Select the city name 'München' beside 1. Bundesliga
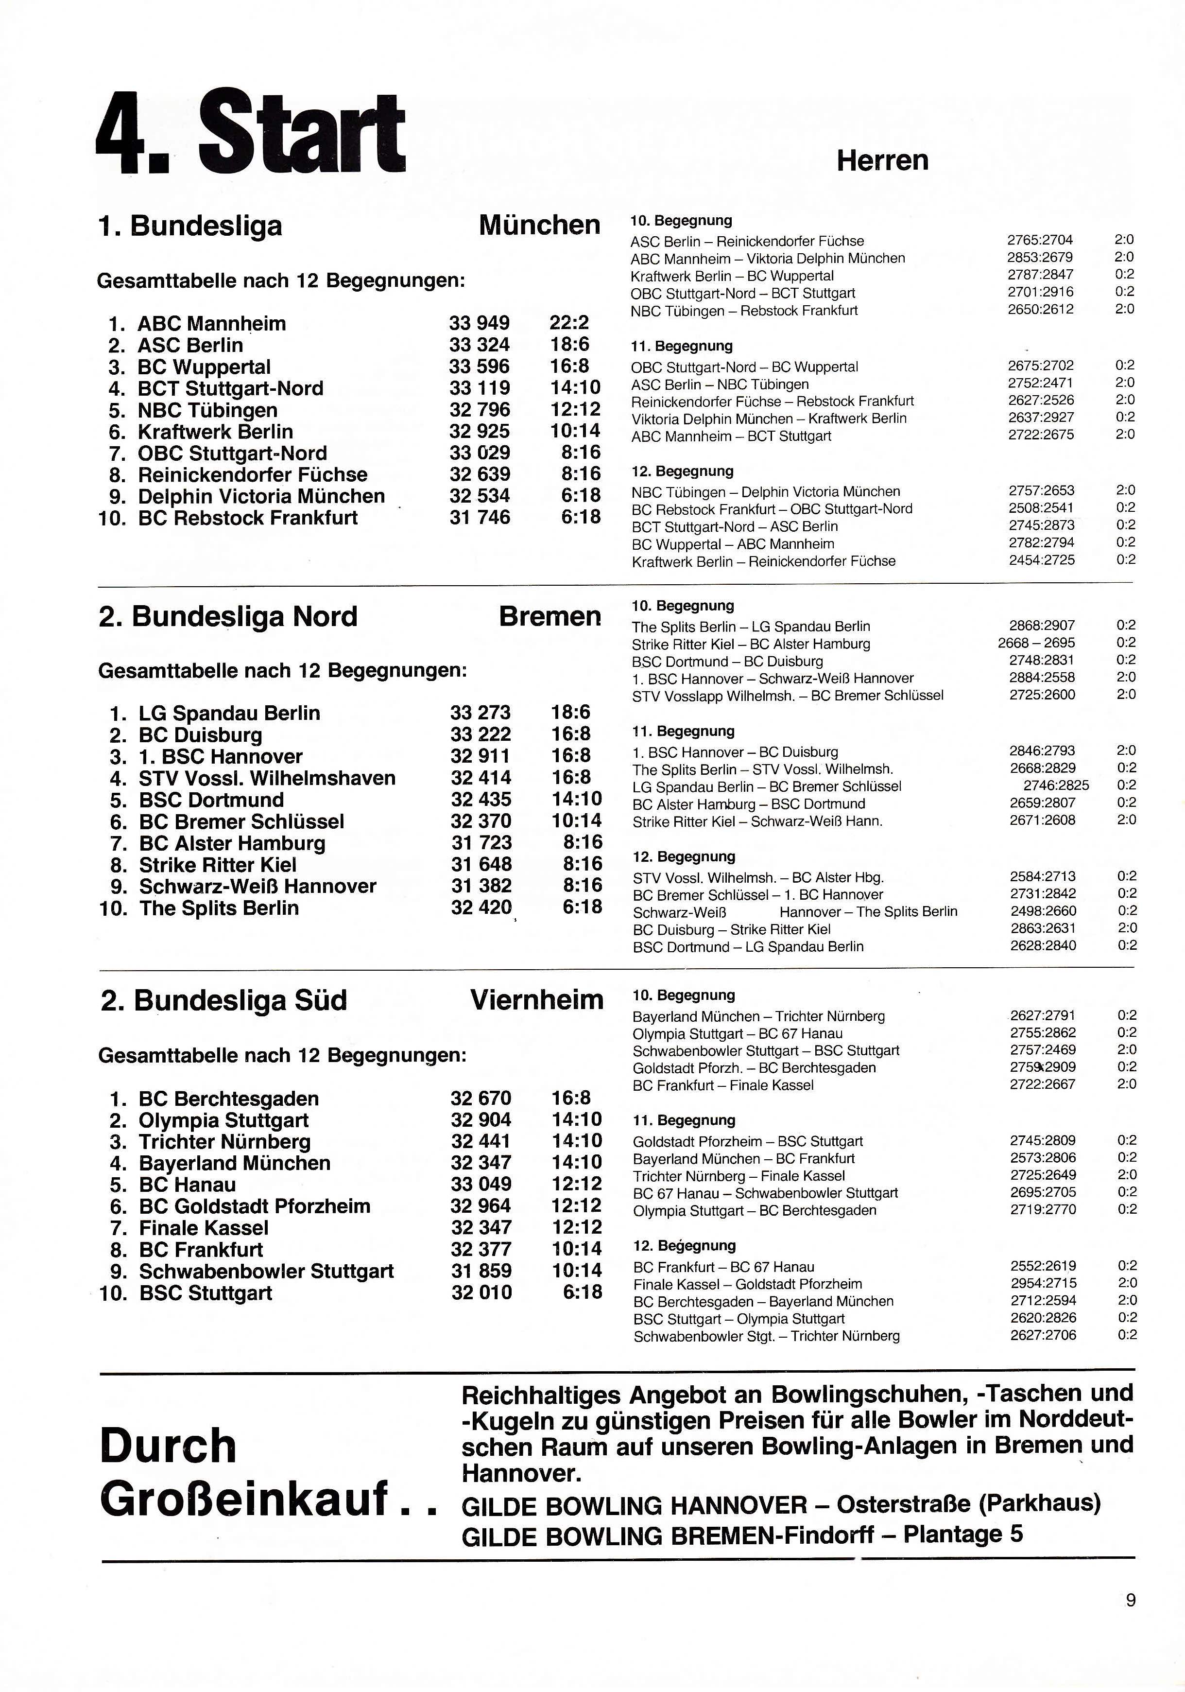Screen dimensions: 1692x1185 click(x=539, y=225)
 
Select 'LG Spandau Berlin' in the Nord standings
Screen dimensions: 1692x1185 click(x=229, y=714)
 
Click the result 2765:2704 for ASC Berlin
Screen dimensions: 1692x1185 click(x=1040, y=240)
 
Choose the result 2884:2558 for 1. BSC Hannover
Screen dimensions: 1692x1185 click(x=1041, y=677)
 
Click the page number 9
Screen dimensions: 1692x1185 click(x=1131, y=1621)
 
